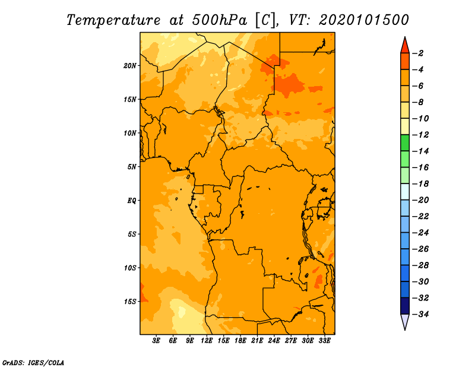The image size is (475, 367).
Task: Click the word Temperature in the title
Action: [113, 20]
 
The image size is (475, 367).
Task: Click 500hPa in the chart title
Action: [219, 20]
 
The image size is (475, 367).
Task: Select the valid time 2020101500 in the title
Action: [364, 20]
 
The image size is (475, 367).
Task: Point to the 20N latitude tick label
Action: [130, 66]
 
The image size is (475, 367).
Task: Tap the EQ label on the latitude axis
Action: [131, 201]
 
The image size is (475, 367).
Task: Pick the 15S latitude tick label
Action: [130, 302]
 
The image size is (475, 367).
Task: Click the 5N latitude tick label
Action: [132, 167]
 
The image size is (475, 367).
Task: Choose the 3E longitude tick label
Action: [156, 341]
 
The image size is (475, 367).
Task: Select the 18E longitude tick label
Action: [240, 341]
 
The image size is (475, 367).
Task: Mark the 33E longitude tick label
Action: [324, 341]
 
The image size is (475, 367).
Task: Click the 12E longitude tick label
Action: [207, 341]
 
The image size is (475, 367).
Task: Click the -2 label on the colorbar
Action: [418, 53]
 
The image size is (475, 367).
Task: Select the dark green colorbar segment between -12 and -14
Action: [405, 143]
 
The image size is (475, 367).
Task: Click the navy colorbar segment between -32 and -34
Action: [405, 306]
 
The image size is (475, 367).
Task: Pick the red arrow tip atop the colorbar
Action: [405, 37]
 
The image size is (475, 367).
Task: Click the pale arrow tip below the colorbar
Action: [405, 330]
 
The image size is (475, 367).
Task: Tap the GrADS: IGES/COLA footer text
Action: [33, 363]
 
